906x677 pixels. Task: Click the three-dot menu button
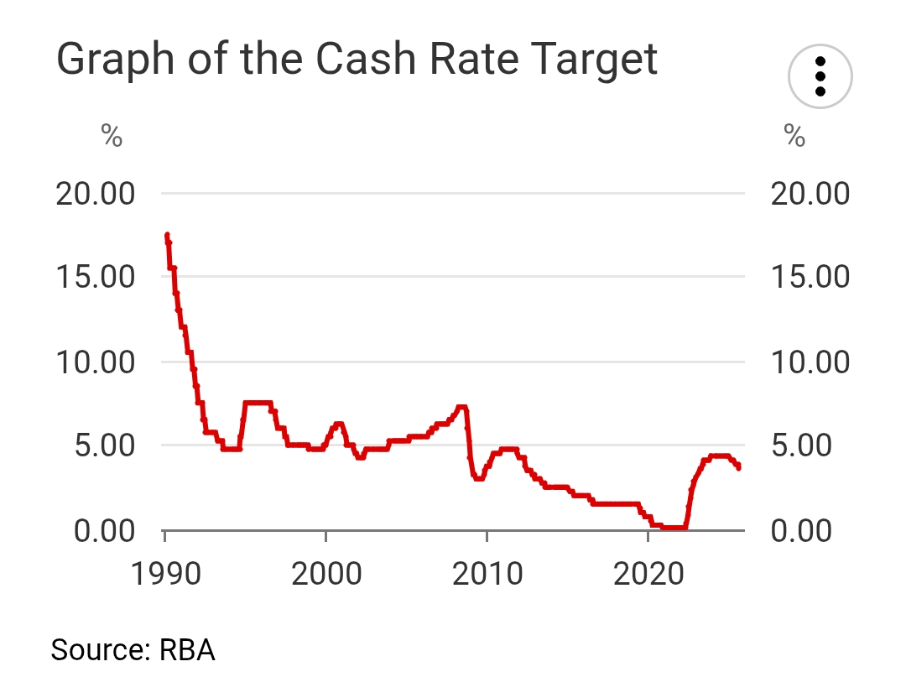pyautogui.click(x=820, y=76)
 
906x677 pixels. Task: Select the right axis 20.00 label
pyautogui.click(x=809, y=194)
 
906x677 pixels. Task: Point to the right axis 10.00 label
pyautogui.click(x=809, y=362)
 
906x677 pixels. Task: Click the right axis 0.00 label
pyautogui.click(x=800, y=531)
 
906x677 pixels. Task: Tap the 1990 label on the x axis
pyautogui.click(x=166, y=575)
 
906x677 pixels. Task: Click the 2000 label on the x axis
pyautogui.click(x=326, y=575)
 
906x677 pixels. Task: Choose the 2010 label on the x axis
pyautogui.click(x=487, y=575)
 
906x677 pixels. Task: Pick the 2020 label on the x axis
pyautogui.click(x=648, y=575)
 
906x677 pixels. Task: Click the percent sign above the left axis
pyautogui.click(x=112, y=136)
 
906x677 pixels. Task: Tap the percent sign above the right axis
pyautogui.click(x=794, y=136)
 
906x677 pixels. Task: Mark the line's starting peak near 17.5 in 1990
pyautogui.click(x=167, y=236)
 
